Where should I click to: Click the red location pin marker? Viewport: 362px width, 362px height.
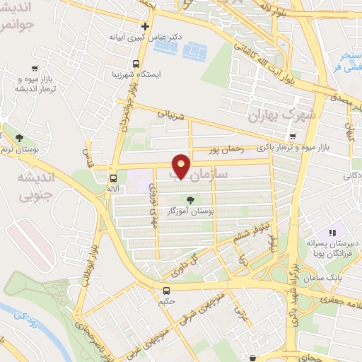tap(182, 166)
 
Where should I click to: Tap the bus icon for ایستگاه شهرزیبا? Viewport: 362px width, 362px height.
tap(115, 73)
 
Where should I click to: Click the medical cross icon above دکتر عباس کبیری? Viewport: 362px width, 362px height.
tap(146, 25)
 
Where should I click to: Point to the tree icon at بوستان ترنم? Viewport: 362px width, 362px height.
tap(18, 136)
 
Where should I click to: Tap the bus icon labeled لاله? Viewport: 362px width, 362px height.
tap(114, 178)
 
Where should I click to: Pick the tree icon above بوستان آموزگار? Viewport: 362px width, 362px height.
tap(189, 199)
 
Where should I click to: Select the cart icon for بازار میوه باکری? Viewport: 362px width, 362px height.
tap(293, 136)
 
